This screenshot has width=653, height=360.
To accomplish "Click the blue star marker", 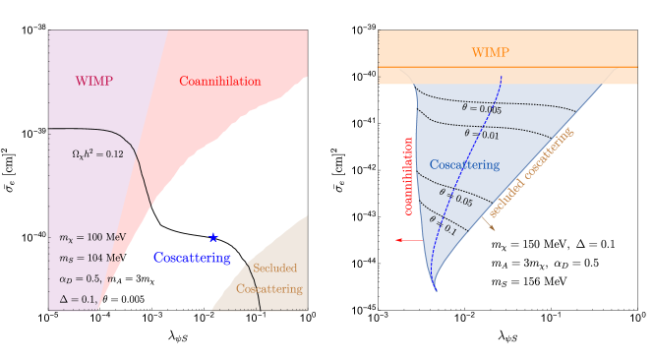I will [x=212, y=237].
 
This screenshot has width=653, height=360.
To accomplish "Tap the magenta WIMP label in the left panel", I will [x=94, y=81].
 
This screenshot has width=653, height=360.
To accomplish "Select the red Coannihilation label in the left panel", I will [x=219, y=81].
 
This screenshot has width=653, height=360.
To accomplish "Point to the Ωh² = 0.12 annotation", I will [x=98, y=155].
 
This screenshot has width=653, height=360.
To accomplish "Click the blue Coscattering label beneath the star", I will [x=192, y=258].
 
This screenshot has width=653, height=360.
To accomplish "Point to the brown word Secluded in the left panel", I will [x=274, y=269].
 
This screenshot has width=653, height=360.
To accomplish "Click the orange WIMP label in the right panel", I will [x=491, y=52].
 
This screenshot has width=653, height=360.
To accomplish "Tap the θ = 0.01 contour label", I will [x=481, y=133].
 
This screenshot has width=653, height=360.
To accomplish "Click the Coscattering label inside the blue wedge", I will [x=464, y=164].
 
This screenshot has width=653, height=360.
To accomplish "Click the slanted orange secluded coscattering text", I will [x=531, y=174].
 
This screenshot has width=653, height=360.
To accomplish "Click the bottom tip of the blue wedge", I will [x=435, y=291].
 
